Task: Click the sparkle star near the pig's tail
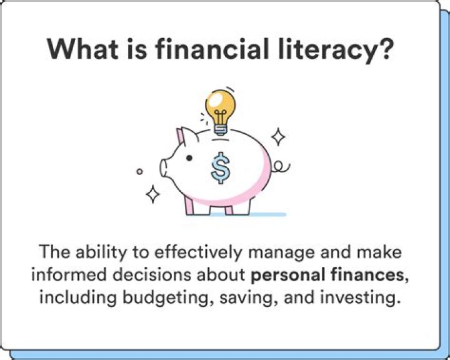tap(277, 137)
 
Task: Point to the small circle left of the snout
tap(140, 170)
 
